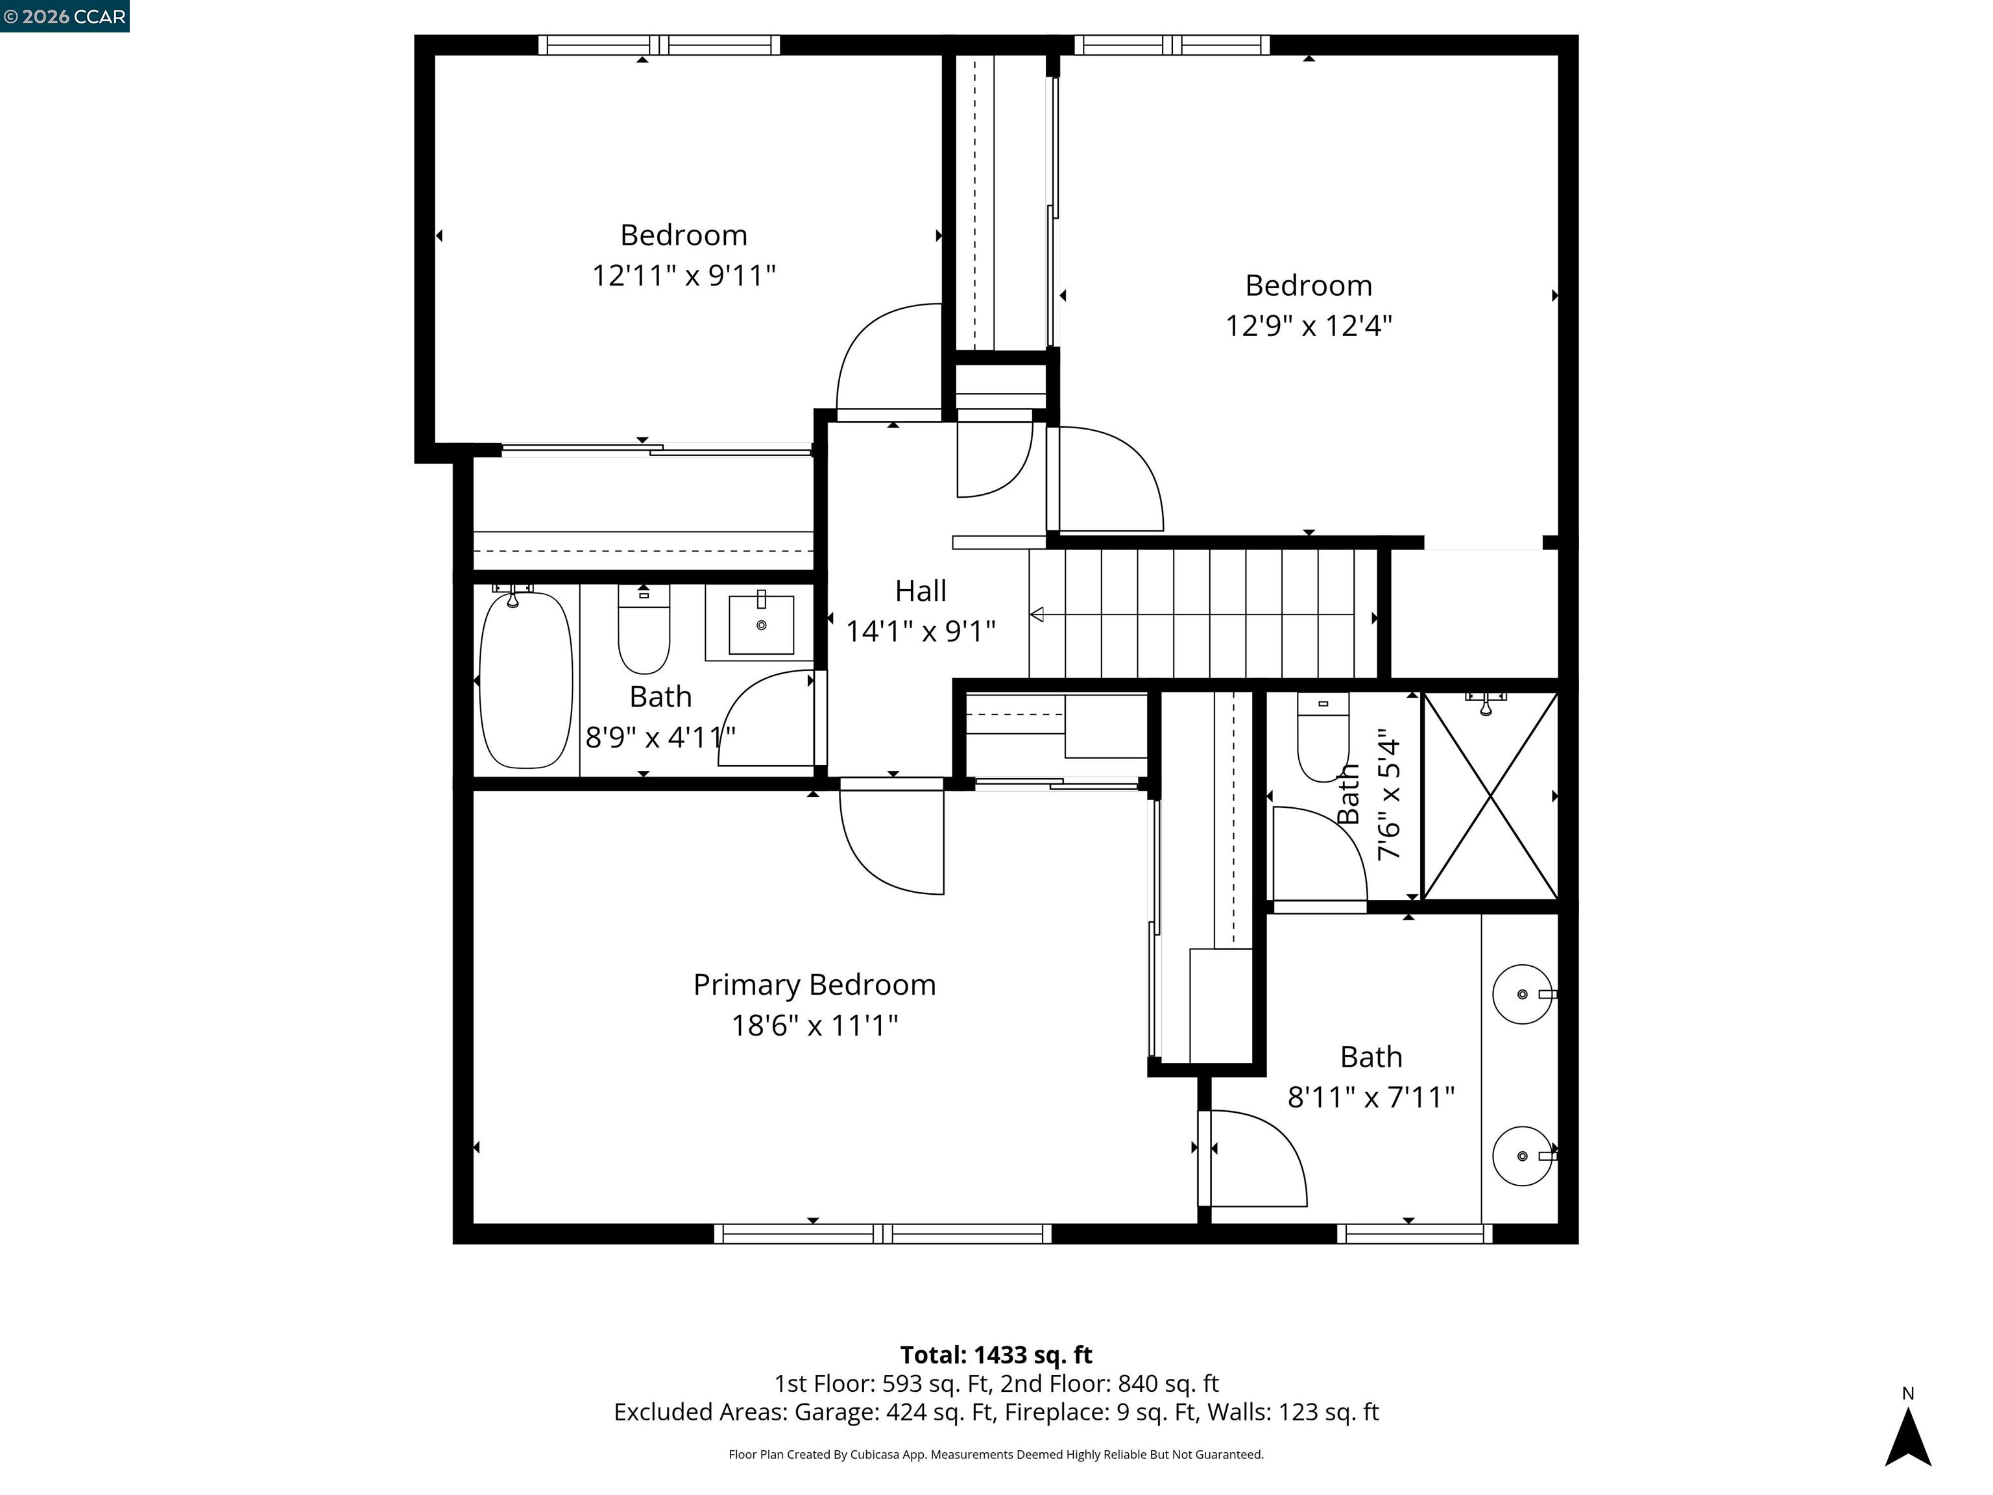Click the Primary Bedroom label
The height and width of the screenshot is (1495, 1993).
814,985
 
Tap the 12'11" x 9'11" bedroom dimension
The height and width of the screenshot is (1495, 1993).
684,275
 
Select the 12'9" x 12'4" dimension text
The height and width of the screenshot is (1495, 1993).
1309,325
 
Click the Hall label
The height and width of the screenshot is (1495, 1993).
920,591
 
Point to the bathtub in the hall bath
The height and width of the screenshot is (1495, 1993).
526,679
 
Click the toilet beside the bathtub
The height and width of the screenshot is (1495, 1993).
644,630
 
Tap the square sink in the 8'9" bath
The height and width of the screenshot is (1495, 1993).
762,624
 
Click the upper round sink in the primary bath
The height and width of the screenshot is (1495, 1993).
1523,995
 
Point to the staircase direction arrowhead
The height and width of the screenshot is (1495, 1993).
1036,616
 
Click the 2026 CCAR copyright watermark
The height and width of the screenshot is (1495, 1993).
64,16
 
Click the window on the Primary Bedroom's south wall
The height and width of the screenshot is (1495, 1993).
883,1234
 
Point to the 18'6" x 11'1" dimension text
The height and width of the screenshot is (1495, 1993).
814,1025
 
